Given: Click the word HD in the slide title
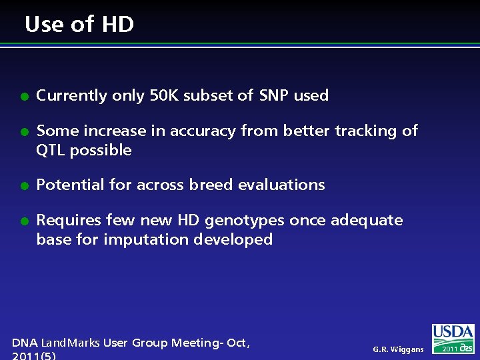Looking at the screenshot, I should tap(117, 25).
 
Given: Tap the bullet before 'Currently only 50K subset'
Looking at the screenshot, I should tap(23, 96).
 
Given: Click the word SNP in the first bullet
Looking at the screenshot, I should tap(273, 95).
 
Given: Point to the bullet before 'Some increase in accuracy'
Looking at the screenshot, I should tap(23, 131).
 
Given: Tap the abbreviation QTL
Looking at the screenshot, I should tap(51, 150).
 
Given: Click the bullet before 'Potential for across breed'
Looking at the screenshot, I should tap(23, 185).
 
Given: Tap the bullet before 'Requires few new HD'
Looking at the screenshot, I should tap(23, 221).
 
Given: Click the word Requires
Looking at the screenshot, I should tap(67, 220).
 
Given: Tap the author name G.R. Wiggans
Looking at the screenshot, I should tap(398, 349).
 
